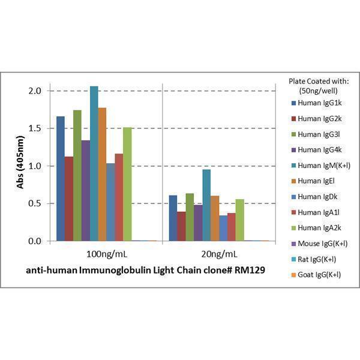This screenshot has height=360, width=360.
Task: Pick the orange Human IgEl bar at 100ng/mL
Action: click(102, 174)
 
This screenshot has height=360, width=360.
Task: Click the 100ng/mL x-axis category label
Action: click(106, 253)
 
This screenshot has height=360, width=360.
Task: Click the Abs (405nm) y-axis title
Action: click(19, 166)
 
